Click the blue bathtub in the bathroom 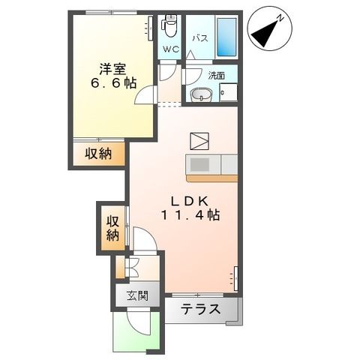tap(227, 36)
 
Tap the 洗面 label tap(217, 75)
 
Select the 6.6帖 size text tap(109, 82)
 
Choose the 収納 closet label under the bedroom tap(98, 154)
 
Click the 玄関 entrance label tap(136, 295)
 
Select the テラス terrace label tap(200, 308)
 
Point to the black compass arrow tap(263, 33)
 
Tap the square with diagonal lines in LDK tap(199, 142)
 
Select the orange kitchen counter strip tap(211, 178)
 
